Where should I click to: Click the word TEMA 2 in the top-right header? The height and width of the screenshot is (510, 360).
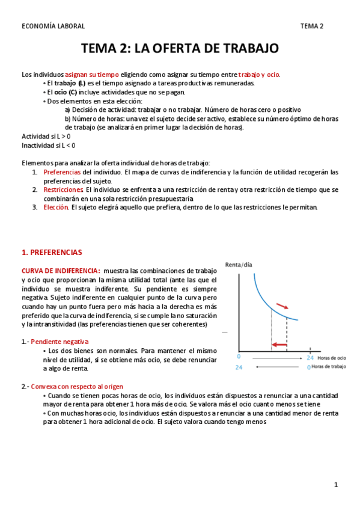312,26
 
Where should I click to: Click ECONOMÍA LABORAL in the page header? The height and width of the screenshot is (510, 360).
53,26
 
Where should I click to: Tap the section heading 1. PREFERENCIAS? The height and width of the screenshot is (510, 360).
52,252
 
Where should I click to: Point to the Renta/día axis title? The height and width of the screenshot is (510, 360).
238,265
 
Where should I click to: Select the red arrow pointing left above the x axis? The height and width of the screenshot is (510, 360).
278,344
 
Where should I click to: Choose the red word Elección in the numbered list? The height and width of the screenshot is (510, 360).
56,207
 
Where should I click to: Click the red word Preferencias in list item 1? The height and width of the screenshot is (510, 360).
63,172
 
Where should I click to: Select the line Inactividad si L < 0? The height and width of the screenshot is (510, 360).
49,145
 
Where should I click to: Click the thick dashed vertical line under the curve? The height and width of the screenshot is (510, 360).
287,334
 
